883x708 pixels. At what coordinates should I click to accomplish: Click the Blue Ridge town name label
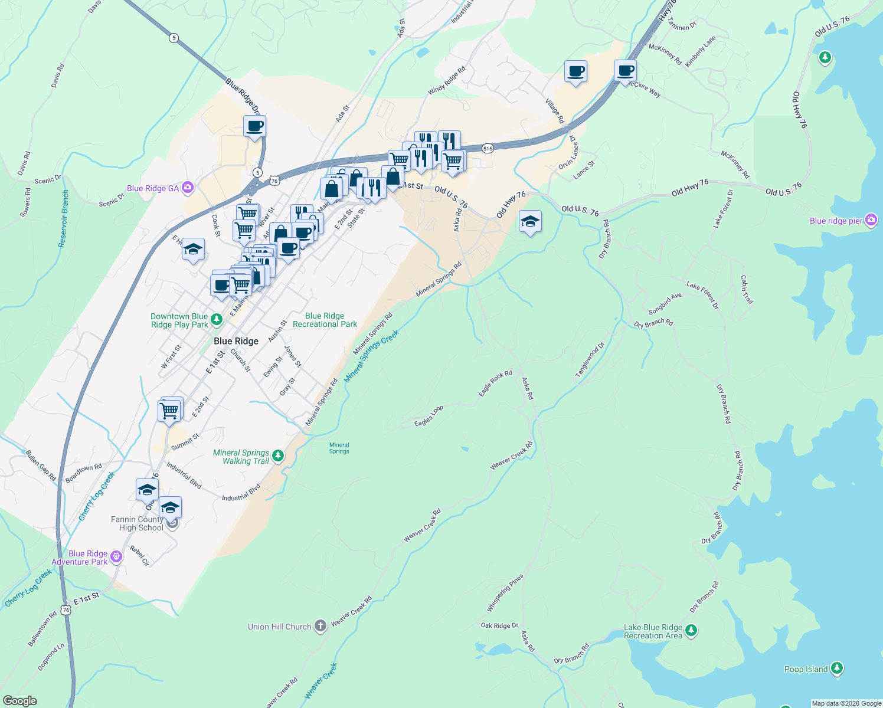tap(236, 341)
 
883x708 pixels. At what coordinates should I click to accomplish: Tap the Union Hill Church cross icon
tap(320, 626)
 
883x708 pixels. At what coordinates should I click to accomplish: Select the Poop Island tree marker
tap(836, 668)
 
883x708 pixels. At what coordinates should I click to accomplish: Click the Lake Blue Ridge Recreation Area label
tap(653, 631)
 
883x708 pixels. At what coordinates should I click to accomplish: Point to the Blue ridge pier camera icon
tap(871, 220)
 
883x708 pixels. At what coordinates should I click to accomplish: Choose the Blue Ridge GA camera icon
tap(188, 188)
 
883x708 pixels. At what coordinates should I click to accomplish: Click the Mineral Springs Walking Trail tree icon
tap(278, 456)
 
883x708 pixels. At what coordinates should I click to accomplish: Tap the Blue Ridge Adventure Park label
tap(80, 558)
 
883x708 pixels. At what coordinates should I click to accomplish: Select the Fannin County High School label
tap(137, 523)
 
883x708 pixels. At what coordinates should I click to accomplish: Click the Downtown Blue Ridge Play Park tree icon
tap(217, 319)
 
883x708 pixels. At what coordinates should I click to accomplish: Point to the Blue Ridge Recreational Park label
tap(325, 320)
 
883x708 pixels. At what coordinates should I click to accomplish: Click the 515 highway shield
tap(487, 149)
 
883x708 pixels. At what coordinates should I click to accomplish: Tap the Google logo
tap(19, 700)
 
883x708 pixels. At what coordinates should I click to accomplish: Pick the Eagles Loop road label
tap(429, 416)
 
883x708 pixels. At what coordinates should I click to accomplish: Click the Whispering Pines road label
tap(505, 592)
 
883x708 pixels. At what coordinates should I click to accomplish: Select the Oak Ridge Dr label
tap(499, 625)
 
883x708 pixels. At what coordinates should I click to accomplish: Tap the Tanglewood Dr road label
tap(590, 359)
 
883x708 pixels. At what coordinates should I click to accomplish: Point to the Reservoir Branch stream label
tap(64, 218)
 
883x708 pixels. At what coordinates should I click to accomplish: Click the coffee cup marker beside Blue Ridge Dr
tap(254, 126)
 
